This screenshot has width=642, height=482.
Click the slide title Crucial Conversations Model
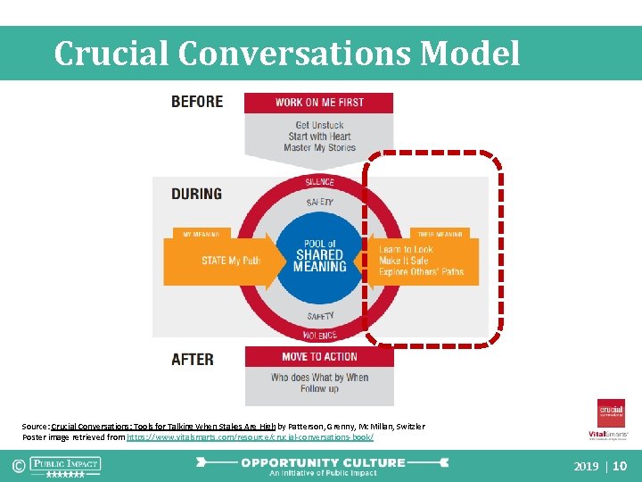click(x=286, y=54)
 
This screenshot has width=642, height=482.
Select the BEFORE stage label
click(x=197, y=102)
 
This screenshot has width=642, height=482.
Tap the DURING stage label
click(x=196, y=194)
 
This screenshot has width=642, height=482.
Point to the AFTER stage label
click(x=193, y=359)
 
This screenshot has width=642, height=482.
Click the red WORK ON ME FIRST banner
click(x=319, y=103)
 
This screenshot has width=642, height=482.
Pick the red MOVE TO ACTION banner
click(x=319, y=356)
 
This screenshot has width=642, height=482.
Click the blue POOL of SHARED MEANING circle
click(x=319, y=255)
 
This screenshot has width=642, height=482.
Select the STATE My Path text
click(x=230, y=261)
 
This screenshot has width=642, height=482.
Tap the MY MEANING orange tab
click(x=201, y=234)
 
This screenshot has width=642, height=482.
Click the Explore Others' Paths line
click(x=422, y=271)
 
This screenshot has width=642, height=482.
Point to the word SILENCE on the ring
click(x=319, y=182)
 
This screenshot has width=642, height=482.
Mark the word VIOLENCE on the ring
click(x=319, y=336)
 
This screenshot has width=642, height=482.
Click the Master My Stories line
click(x=319, y=148)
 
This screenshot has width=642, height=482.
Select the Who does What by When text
click(x=319, y=378)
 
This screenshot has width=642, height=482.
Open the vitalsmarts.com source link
click(x=250, y=437)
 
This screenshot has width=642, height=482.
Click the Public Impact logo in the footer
click(x=65, y=465)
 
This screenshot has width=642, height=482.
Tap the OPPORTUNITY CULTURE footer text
click(x=322, y=463)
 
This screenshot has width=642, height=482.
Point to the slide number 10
click(x=621, y=466)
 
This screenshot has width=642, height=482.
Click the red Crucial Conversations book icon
click(x=611, y=413)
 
